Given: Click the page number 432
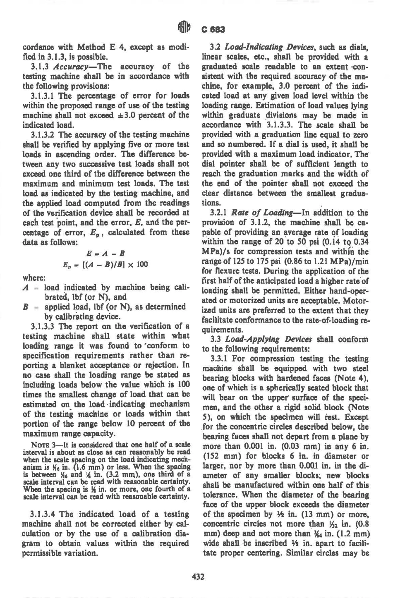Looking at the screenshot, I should (x=196, y=576).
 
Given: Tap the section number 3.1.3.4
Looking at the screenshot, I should (x=46, y=514).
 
